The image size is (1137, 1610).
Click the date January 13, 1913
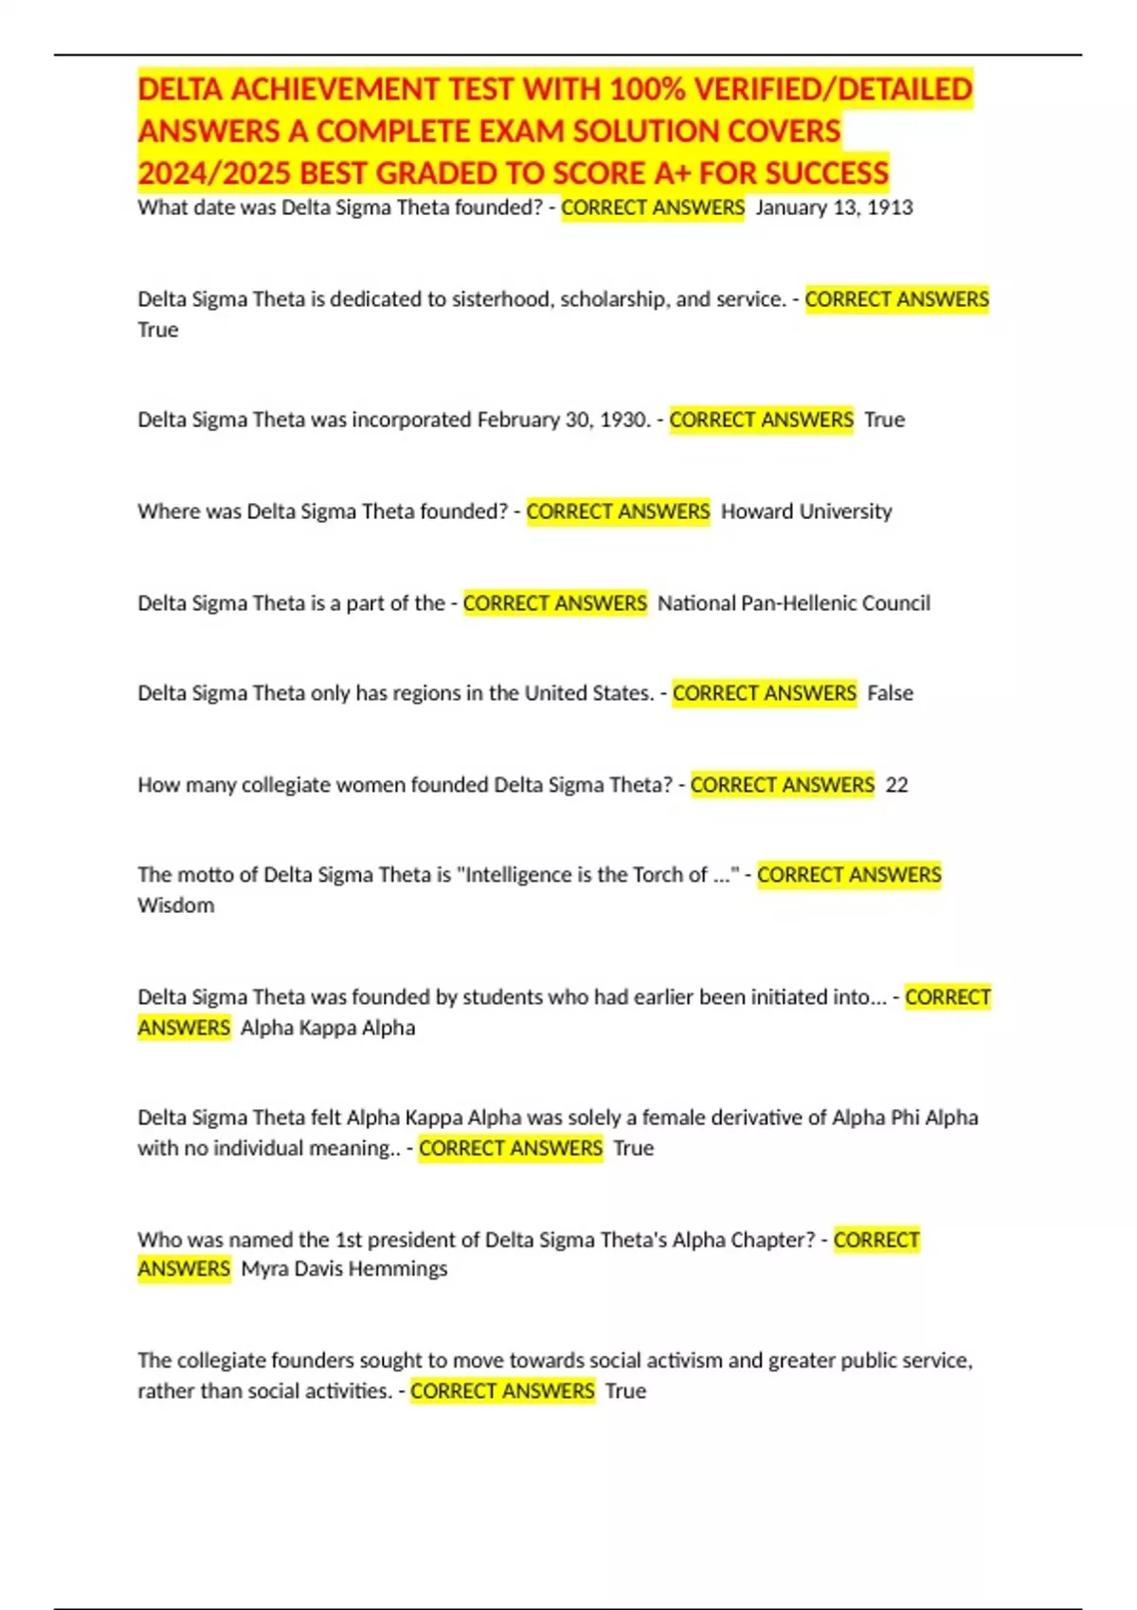(x=834, y=207)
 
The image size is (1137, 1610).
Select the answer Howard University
(x=806, y=511)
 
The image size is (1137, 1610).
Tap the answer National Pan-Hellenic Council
(x=794, y=603)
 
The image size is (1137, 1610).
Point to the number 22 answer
(x=896, y=785)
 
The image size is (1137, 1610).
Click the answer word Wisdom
(x=176, y=905)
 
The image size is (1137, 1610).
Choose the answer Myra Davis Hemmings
(x=344, y=1269)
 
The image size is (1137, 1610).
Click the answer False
(x=891, y=693)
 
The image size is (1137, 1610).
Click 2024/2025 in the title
(x=214, y=173)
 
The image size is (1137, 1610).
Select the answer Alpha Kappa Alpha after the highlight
(x=328, y=1028)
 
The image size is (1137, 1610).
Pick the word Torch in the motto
(x=659, y=875)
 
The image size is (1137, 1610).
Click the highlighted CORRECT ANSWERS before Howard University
(x=618, y=511)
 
